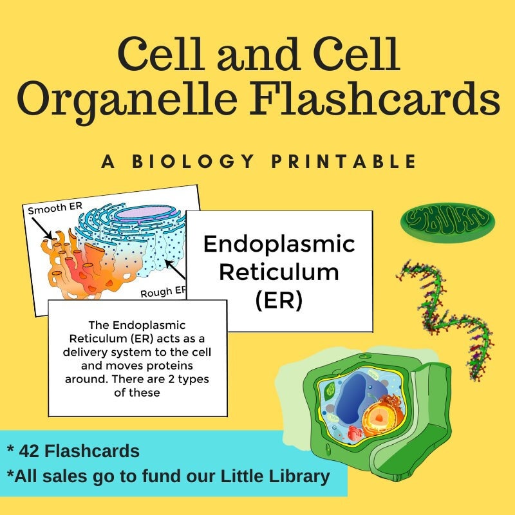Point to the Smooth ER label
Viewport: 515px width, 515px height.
click(x=51, y=210)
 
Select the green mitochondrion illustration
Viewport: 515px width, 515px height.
click(x=447, y=221)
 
